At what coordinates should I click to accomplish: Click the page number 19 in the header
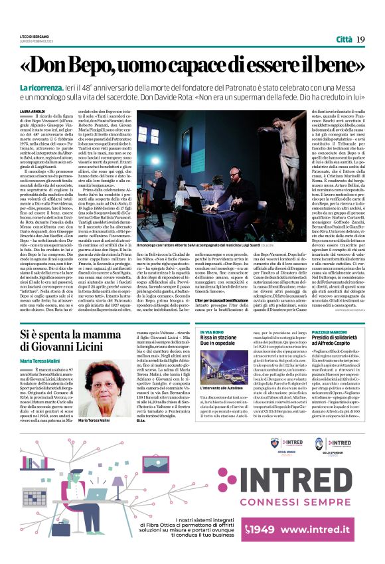[x=360, y=40]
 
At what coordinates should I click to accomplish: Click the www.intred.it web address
[x=319, y=530]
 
